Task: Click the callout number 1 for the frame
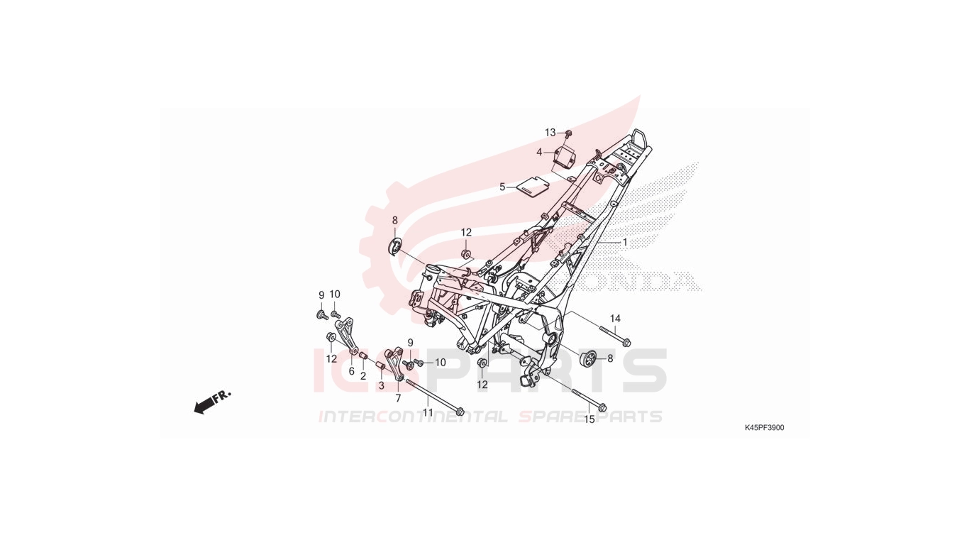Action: pyautogui.click(x=625, y=243)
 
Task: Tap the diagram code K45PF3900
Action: pyautogui.click(x=765, y=428)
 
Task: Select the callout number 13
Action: pyautogui.click(x=550, y=133)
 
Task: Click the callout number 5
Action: pyautogui.click(x=502, y=187)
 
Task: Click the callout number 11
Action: pyautogui.click(x=428, y=412)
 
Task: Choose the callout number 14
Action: pyautogui.click(x=615, y=319)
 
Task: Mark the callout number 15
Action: pyautogui.click(x=589, y=419)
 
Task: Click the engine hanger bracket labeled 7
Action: pyautogui.click(x=394, y=363)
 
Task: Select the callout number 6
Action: pyautogui.click(x=351, y=371)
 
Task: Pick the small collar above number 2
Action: pyautogui.click(x=364, y=356)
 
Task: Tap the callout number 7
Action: pyautogui.click(x=398, y=398)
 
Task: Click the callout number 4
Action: pyautogui.click(x=539, y=153)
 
